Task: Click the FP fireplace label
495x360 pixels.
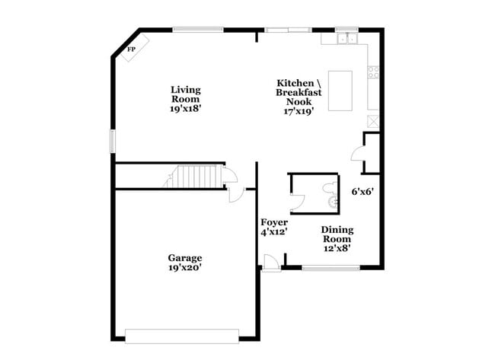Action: click(131, 49)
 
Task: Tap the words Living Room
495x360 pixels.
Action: click(184, 94)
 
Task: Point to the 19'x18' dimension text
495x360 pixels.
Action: click(184, 108)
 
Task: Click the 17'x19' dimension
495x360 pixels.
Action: click(298, 110)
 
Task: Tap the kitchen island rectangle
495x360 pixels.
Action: click(340, 91)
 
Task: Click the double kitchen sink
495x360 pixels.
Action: click(346, 37)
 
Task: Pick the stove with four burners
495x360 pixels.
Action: click(374, 73)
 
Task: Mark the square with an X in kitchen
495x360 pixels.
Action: click(373, 120)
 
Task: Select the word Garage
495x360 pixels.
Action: click(185, 258)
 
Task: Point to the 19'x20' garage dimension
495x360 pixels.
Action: click(185, 268)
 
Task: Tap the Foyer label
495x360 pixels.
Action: click(274, 222)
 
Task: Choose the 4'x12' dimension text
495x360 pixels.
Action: click(274, 232)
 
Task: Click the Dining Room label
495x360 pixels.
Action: click(337, 234)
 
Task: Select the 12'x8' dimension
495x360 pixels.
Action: click(337, 247)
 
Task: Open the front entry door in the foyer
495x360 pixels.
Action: click(268, 263)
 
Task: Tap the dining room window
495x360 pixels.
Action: click(325, 268)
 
